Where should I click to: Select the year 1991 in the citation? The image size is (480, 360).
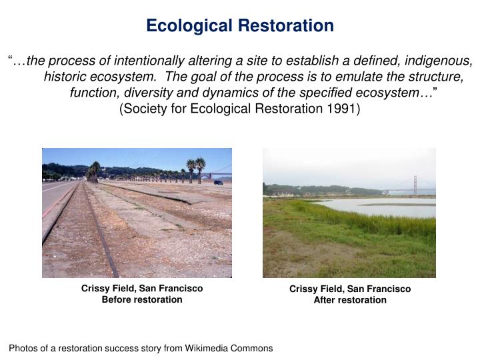click(x=346, y=109)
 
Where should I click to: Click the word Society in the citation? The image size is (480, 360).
click(x=142, y=109)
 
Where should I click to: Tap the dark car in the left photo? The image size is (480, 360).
click(x=218, y=181)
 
